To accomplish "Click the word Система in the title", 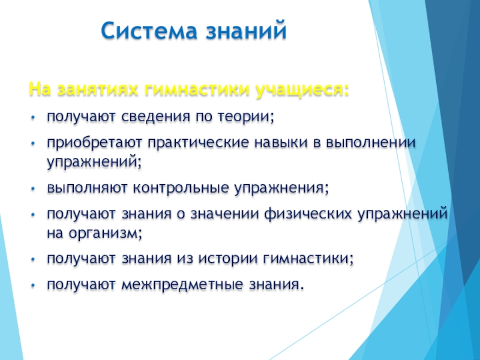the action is point(149,31).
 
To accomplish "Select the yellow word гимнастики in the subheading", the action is point(197,89).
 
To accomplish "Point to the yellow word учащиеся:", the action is point(302,91).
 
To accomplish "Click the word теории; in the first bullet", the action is point(245,116).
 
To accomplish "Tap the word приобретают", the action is point(95,143).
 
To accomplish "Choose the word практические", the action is point(198,143).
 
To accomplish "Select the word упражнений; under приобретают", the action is point(94,162).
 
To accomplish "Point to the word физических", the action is point(308,214).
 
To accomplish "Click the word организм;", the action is point(106,233).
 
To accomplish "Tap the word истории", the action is point(228,259).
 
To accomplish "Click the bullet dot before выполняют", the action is point(34,189).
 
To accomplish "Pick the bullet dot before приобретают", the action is point(34,143).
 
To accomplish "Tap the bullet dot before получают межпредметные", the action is point(34,286).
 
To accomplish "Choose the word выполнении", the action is point(371,142).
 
